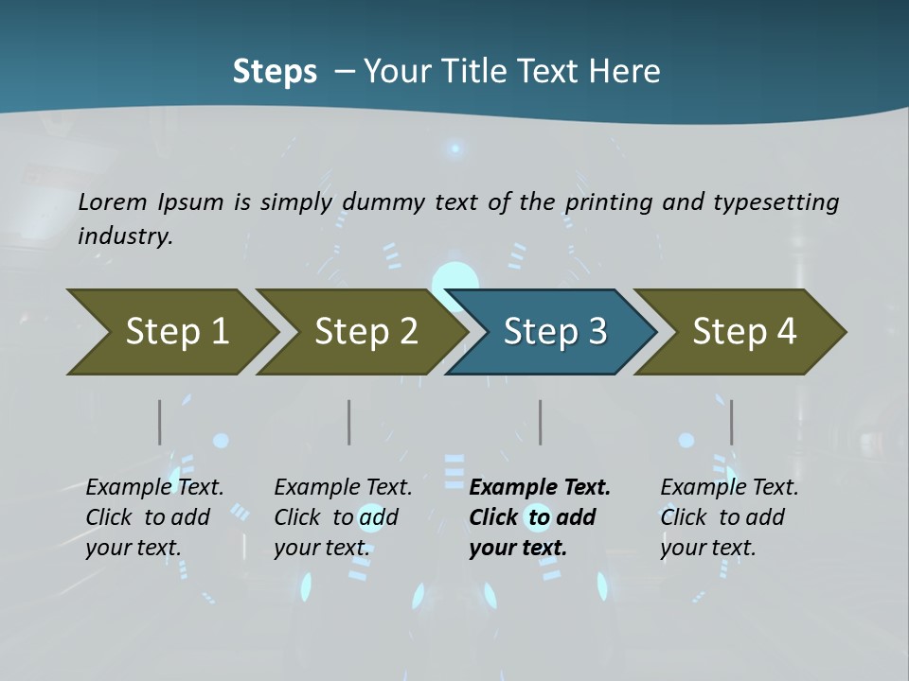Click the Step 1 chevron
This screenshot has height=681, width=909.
tap(177, 331)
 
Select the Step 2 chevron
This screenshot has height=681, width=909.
tap(365, 331)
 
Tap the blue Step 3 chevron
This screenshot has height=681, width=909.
tap(555, 331)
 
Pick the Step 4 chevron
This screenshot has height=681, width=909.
tap(744, 331)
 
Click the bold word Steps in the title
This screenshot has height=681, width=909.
tap(275, 71)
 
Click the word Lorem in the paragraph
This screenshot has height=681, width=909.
tap(113, 201)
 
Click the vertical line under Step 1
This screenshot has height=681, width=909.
tap(160, 422)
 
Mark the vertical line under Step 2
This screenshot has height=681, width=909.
tap(349, 422)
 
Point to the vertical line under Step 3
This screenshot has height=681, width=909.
tap(541, 422)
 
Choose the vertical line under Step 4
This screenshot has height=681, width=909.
tap(732, 422)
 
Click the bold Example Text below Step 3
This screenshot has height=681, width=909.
tap(540, 487)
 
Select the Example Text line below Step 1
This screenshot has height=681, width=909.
tap(154, 487)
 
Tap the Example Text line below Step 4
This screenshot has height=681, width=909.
tap(729, 487)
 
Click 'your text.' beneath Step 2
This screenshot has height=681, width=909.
tap(321, 548)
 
